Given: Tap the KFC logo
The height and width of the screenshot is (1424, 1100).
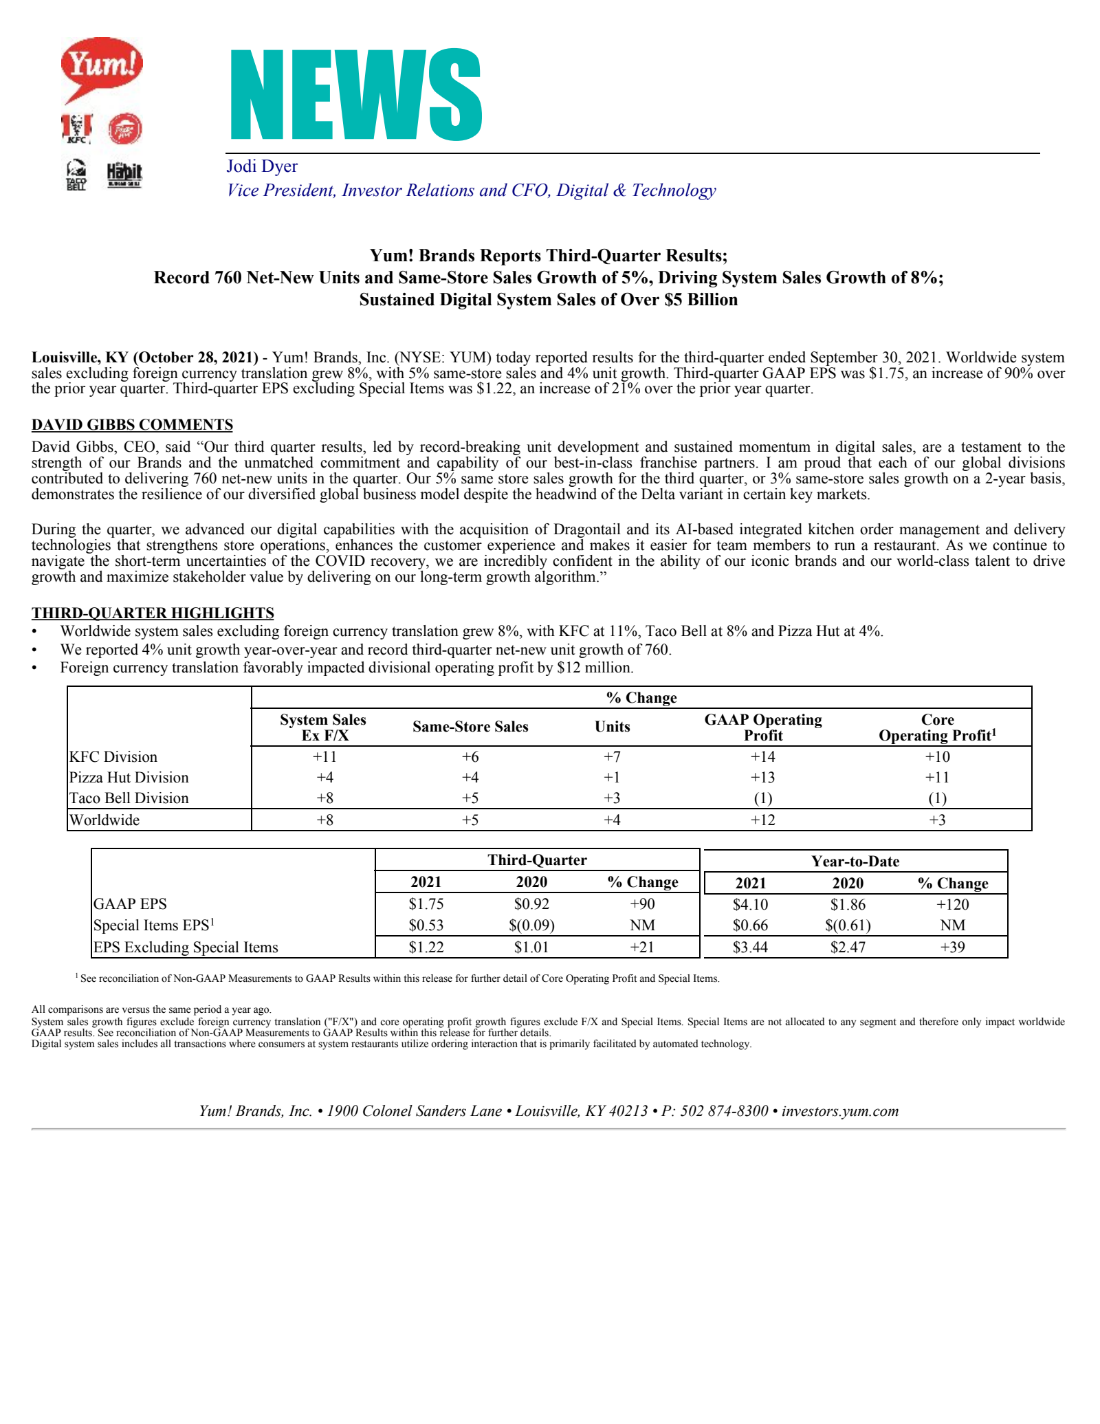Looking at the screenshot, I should coord(77,129).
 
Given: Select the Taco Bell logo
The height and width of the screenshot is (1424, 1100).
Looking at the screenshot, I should coord(76,175).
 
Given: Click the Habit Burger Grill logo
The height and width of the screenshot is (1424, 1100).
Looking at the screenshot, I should coord(124,175).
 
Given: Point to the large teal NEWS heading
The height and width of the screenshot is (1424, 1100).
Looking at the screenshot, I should coord(355,95).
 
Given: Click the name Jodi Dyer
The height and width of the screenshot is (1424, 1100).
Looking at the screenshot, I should coord(262,166).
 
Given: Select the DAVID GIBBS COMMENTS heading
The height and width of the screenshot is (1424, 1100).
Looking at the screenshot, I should coord(132,425).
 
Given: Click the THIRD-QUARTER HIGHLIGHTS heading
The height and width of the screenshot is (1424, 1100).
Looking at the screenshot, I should coord(153,613).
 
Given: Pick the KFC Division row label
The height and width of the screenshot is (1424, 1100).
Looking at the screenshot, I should coord(113,757).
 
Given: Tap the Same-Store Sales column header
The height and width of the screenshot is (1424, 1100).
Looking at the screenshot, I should coord(470,727).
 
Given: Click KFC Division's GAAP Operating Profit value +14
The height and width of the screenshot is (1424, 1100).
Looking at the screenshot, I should coord(762,757).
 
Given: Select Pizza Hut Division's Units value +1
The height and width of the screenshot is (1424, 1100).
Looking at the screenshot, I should coord(612,778).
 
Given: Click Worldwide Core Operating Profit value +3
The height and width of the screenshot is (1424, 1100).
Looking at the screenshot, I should coord(937,820).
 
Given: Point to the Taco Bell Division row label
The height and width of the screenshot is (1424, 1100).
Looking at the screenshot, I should coord(129,798).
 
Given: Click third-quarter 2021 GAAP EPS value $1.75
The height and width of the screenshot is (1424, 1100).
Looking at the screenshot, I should coord(426,904).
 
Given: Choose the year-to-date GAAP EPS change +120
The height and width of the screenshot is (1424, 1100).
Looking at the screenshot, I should coord(952,905).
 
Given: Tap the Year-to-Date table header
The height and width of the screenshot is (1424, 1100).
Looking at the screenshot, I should coord(855,862).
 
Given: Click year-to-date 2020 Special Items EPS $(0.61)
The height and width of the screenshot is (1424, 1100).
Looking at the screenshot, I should coord(848,925).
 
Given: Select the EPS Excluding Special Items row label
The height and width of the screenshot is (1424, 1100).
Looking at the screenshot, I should coord(186,947).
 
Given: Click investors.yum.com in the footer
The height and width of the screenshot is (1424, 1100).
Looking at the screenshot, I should coord(840,1111).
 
